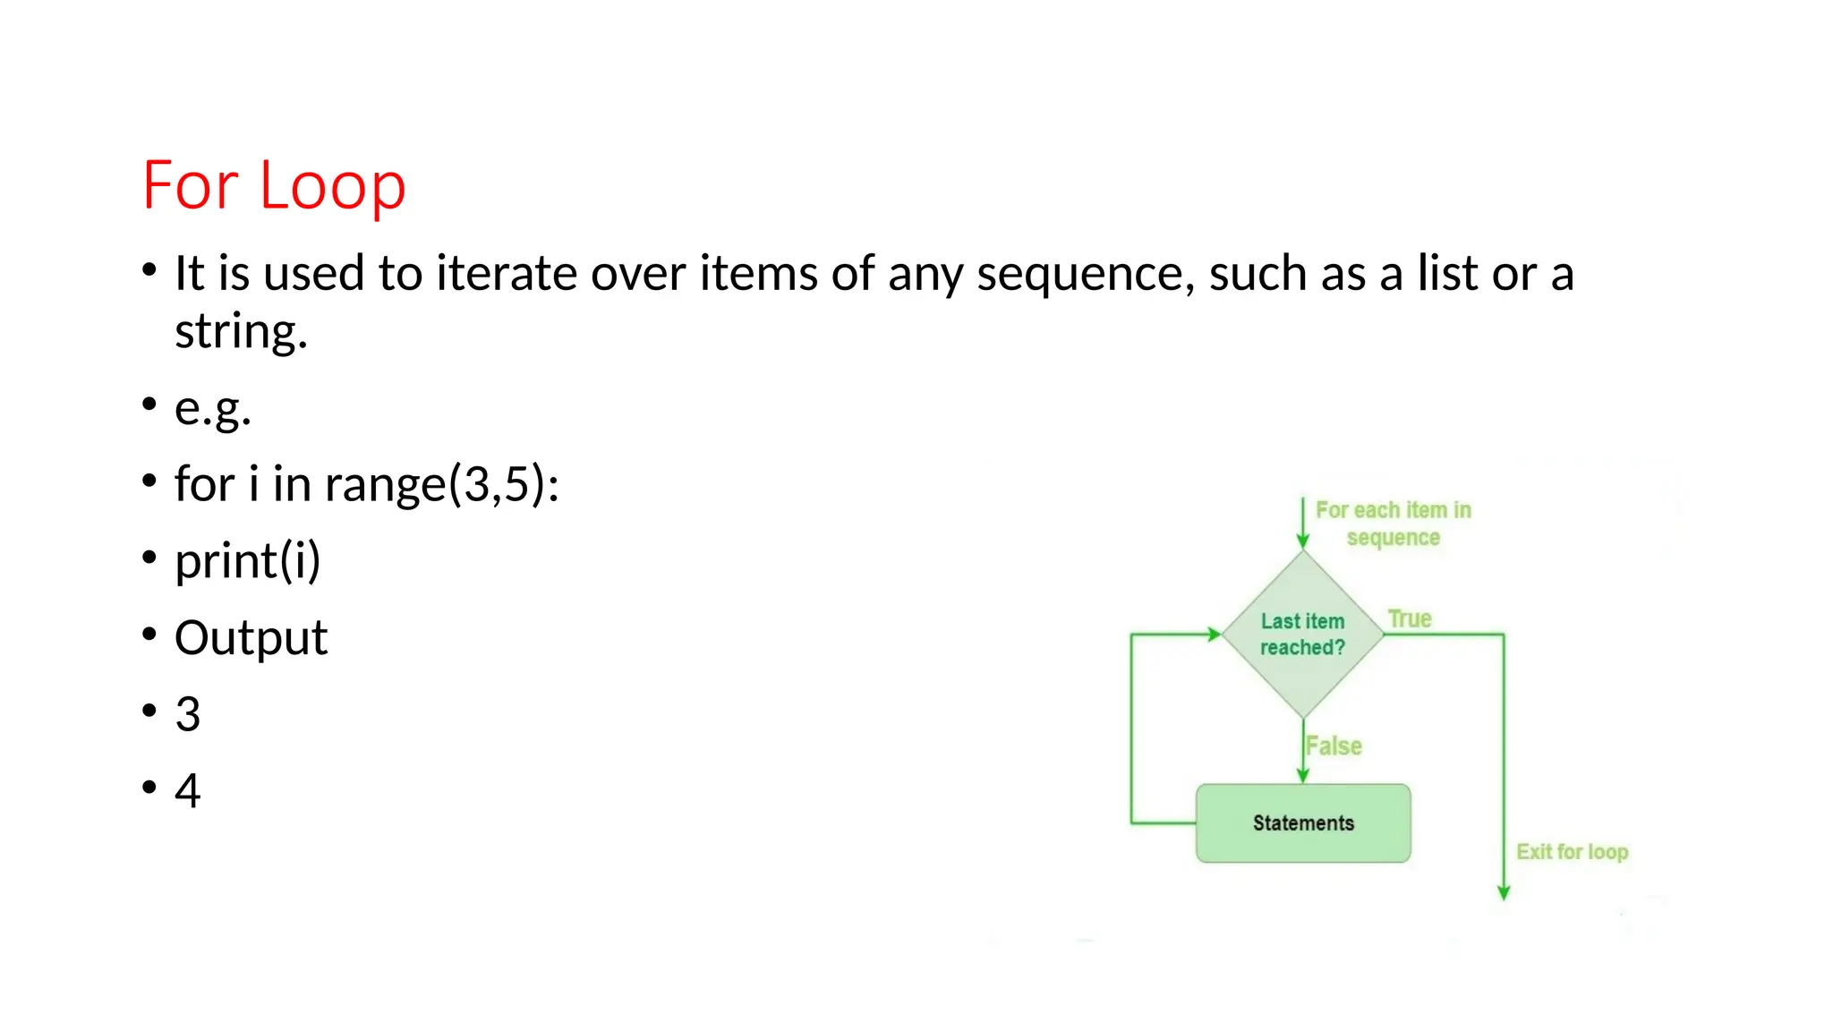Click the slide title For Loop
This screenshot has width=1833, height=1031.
coord(274,185)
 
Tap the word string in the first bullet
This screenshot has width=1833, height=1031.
coord(240,332)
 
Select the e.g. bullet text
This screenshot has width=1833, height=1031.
coord(213,408)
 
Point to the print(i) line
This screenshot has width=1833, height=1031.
coord(247,561)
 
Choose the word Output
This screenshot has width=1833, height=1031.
coord(251,638)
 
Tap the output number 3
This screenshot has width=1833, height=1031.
coord(188,714)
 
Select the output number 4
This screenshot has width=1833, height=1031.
coord(188,791)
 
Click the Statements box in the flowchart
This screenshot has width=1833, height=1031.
coord(1303,823)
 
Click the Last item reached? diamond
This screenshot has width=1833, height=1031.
coord(1303,635)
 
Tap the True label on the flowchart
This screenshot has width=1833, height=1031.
coord(1410,618)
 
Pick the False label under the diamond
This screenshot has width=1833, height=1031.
coord(1334,746)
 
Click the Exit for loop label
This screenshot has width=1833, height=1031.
coord(1572,851)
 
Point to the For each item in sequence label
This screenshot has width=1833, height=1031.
coord(1394,524)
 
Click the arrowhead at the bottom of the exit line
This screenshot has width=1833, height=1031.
coord(1504,892)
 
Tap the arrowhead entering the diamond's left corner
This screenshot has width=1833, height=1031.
coord(1215,635)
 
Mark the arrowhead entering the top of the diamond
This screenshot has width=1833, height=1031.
coord(1303,541)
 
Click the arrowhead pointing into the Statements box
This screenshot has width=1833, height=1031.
coord(1303,776)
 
